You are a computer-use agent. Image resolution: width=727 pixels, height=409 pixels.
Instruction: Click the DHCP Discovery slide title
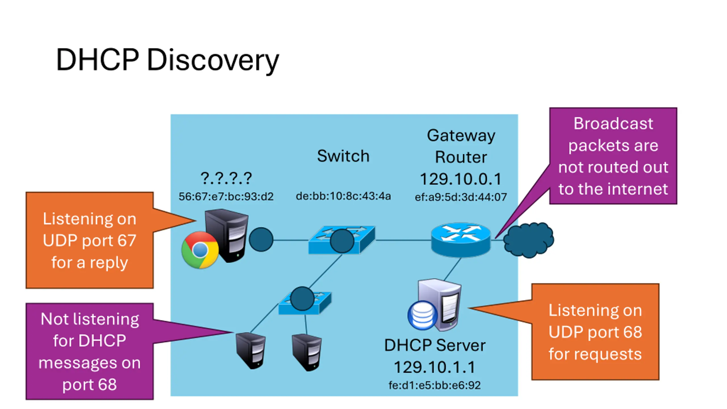(168, 60)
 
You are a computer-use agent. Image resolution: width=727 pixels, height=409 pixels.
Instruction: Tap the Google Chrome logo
(200, 250)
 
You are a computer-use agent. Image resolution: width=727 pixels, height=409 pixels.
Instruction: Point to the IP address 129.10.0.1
(461, 179)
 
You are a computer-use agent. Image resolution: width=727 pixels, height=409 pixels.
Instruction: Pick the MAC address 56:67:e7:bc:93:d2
(226, 197)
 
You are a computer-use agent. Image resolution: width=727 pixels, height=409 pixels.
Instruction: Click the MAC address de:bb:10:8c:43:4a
(343, 196)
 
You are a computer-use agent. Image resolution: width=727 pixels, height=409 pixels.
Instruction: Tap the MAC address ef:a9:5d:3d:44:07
(461, 197)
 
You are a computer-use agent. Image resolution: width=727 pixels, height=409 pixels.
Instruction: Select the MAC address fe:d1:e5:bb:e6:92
(434, 385)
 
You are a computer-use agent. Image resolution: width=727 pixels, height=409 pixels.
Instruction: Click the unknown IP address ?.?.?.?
(226, 178)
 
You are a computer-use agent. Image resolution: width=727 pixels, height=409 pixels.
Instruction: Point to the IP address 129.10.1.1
(434, 367)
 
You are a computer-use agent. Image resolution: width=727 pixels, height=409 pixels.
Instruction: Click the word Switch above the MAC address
(343, 156)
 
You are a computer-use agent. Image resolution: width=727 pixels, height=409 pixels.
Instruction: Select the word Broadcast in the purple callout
(613, 124)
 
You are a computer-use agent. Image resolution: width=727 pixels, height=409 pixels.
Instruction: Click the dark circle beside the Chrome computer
(261, 239)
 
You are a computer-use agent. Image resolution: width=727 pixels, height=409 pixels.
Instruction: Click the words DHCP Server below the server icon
(434, 345)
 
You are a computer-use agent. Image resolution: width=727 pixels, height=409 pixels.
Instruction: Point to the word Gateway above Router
(461, 135)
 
